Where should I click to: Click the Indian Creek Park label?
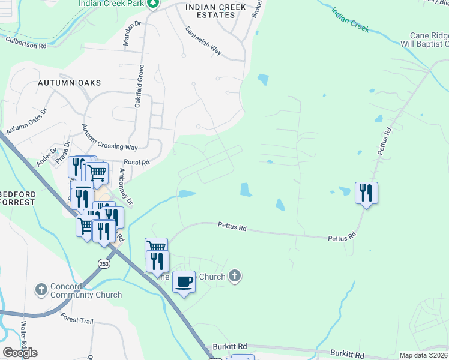coord(112,3)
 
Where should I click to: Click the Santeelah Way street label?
coord(203,41)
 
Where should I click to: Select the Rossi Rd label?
coord(136,162)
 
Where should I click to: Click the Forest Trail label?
coord(76,321)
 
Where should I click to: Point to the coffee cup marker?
coord(184,281)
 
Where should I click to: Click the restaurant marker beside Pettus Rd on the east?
coord(366,193)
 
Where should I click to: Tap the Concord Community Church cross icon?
coord(41,290)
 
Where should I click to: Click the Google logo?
coord(20,353)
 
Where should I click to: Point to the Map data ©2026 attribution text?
coord(423,355)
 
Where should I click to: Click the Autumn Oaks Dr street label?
coord(26,122)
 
